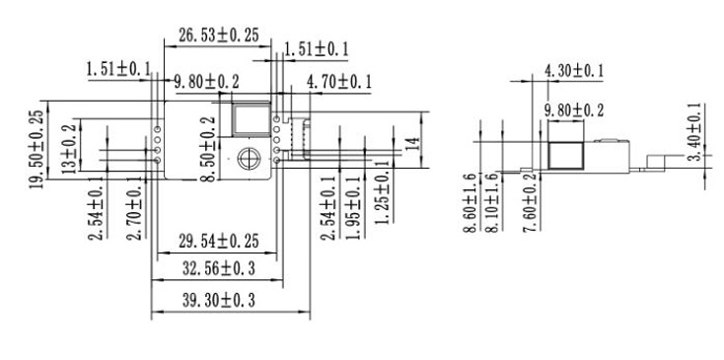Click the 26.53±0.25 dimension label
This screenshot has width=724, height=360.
click(218, 35)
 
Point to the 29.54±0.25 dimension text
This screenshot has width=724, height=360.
click(218, 241)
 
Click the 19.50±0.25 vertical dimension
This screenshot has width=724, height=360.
click(36, 150)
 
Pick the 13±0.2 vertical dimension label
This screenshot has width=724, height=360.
click(70, 148)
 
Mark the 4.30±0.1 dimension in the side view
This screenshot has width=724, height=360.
click(577, 70)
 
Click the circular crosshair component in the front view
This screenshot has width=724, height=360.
click(248, 156)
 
